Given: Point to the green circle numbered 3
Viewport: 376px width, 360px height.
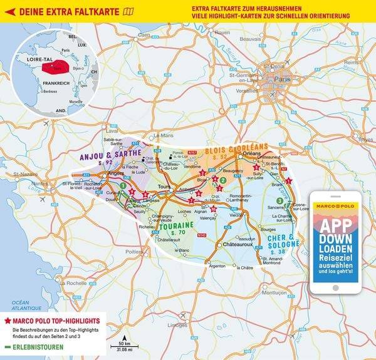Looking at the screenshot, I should (x=279, y=200).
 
